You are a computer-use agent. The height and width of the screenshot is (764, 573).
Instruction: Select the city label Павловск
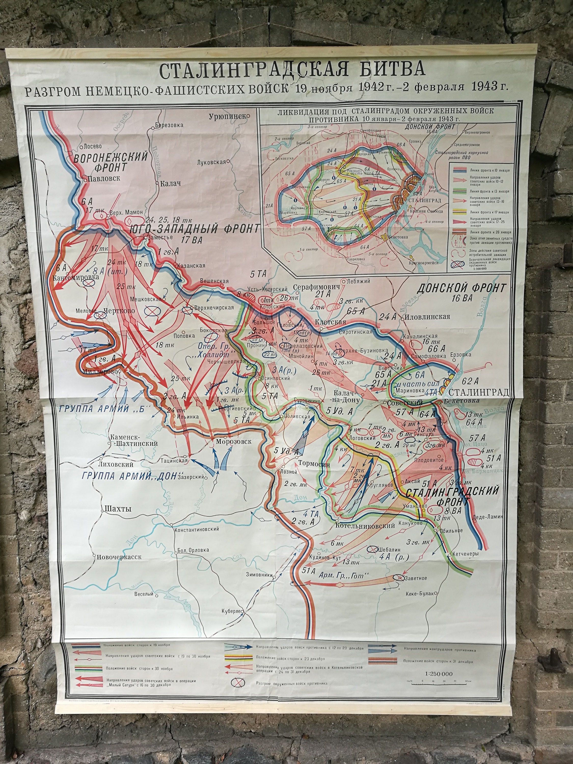[x=104, y=178]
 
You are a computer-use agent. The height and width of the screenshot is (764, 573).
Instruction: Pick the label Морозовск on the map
[x=234, y=441]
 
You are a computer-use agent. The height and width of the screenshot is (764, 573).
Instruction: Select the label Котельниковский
[x=365, y=526]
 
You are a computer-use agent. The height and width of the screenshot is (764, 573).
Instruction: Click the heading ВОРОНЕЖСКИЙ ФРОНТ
[x=111, y=161]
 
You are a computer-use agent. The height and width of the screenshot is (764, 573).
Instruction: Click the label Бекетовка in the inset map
[x=398, y=237]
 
